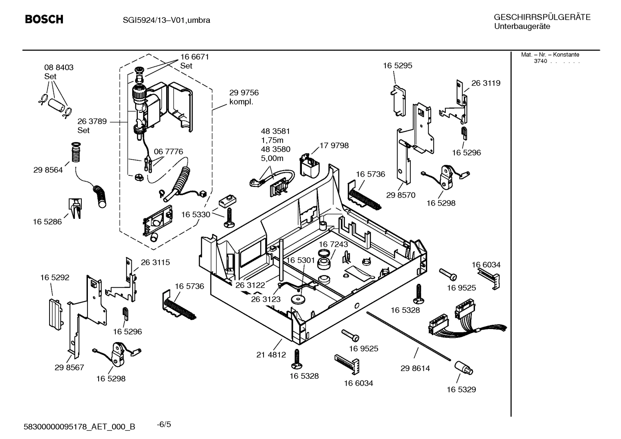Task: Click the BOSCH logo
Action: [44, 19]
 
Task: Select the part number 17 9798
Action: [334, 146]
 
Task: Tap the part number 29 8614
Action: [415, 368]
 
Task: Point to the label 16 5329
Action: [461, 389]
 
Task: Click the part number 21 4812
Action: [271, 355]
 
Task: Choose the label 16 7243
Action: [333, 244]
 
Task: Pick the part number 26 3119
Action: [485, 83]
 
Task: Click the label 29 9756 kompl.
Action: [244, 97]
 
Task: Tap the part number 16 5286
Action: [47, 221]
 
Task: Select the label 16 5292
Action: [55, 278]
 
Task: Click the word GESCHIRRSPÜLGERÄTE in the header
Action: [542, 17]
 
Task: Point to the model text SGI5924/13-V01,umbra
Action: [164, 20]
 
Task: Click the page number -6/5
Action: [164, 424]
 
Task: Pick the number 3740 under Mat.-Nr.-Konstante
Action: [540, 61]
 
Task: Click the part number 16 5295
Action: [397, 65]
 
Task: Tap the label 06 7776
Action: [168, 152]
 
